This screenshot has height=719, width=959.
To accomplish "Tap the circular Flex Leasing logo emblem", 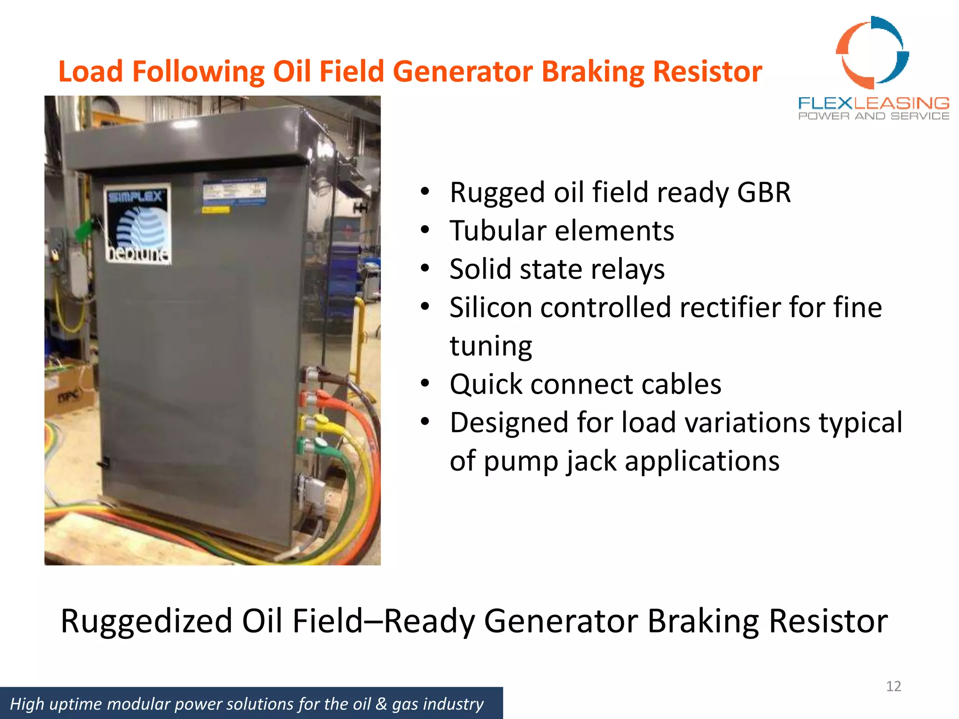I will [x=872, y=53].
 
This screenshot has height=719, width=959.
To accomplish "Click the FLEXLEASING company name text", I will [x=874, y=103].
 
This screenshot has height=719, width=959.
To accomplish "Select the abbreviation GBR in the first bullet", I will [x=764, y=192].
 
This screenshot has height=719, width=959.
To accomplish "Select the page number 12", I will [x=893, y=686].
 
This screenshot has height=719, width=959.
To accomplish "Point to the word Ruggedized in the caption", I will [x=146, y=621].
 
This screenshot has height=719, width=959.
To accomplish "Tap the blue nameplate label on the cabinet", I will [x=234, y=192].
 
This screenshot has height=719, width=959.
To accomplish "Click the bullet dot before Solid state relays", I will [x=425, y=269].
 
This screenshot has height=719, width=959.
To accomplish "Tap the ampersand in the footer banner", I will [x=382, y=704].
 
